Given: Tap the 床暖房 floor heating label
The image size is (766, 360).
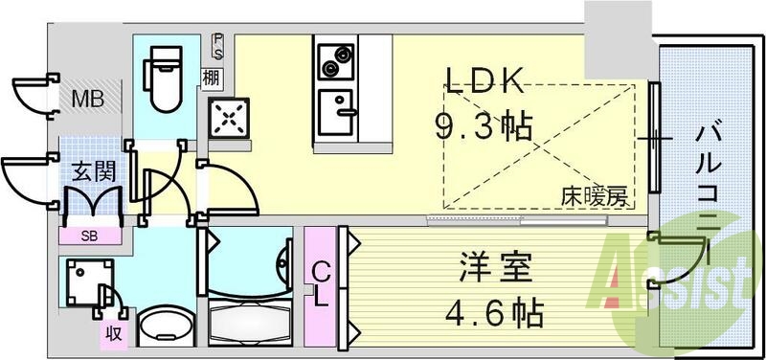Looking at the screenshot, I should point(595,198).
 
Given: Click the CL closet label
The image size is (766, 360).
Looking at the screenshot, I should point(321,284).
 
